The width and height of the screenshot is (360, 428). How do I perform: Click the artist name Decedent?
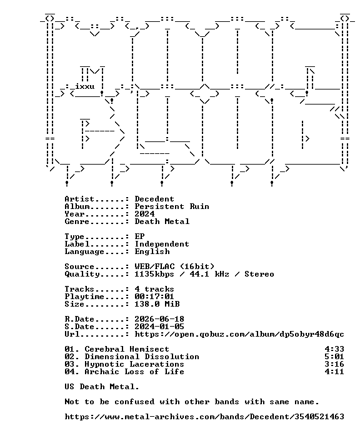click(154, 199)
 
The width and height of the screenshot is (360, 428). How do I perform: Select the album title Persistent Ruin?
click(172, 206)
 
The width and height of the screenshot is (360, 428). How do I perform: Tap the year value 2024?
click(144, 214)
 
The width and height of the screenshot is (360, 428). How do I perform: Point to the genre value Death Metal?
click(162, 222)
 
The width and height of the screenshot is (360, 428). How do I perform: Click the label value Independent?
click(162, 244)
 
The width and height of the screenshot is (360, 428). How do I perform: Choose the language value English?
click(152, 252)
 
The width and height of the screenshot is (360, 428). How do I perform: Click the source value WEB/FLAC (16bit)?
click(174, 267)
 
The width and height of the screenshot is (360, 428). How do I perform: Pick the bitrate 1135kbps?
click(154, 274)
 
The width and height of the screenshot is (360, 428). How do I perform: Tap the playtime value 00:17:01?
click(154, 297)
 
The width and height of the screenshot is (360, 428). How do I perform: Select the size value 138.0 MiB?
click(157, 304)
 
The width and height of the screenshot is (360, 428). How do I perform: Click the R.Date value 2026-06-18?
click(159, 319)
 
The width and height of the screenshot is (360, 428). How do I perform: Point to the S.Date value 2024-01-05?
click(159, 327)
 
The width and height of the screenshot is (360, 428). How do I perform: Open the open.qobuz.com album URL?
click(239, 334)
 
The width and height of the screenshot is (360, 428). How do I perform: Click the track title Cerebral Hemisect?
click(127, 349)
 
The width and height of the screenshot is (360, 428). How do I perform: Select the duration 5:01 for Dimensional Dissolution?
click(334, 357)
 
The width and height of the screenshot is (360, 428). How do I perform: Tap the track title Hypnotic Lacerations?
click(134, 364)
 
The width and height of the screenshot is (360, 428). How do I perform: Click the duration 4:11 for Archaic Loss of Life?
click(334, 372)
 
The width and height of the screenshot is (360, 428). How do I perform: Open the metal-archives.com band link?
click(204, 417)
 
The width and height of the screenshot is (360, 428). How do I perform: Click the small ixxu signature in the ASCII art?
click(84, 86)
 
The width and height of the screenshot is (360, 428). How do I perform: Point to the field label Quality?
click(82, 274)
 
